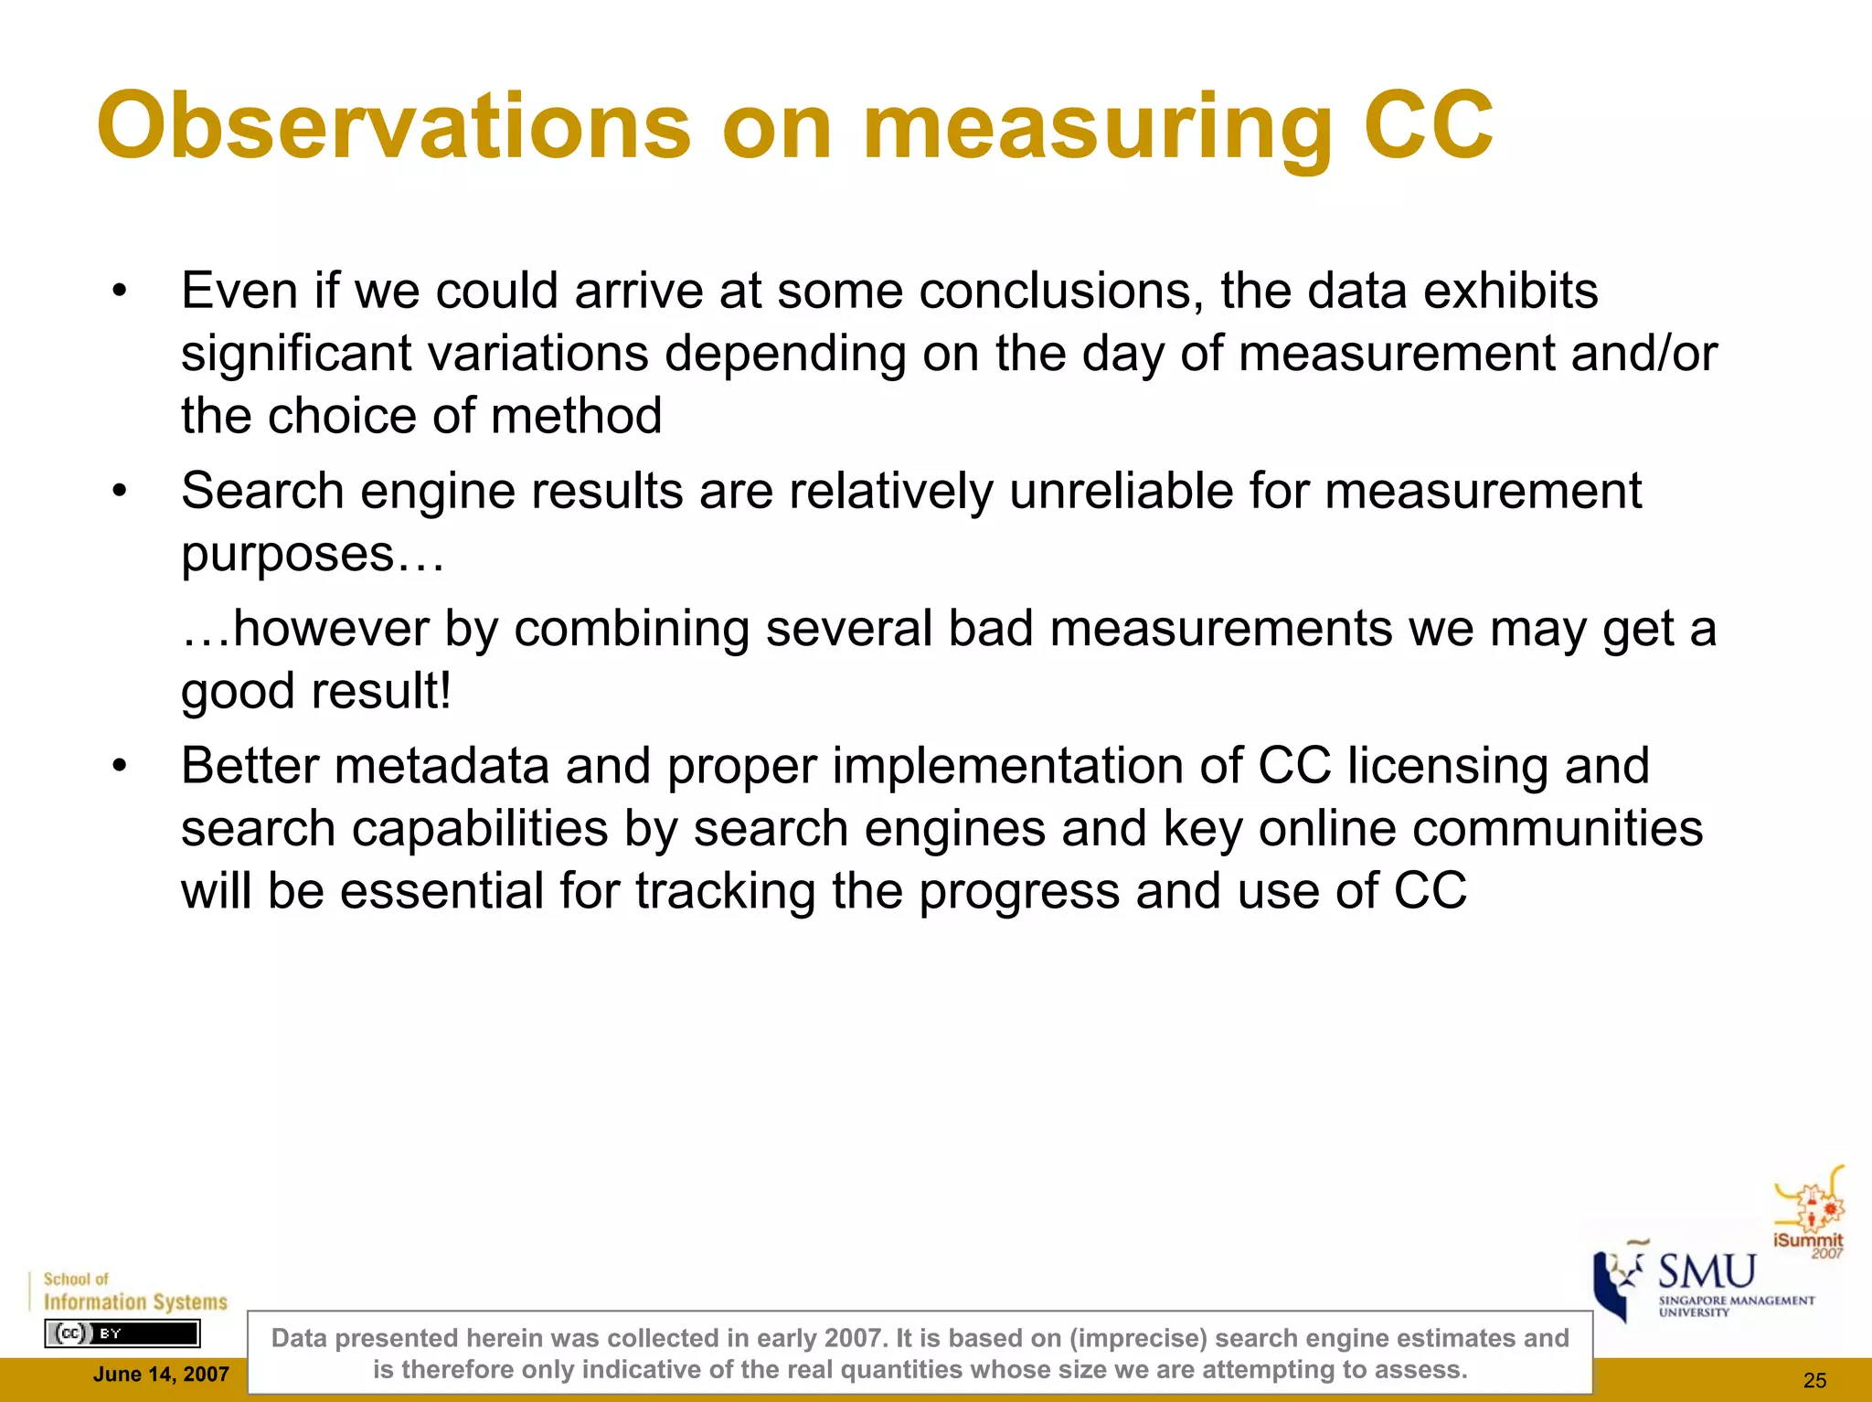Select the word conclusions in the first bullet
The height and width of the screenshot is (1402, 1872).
(1061, 291)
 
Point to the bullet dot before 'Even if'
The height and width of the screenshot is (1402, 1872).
(119, 292)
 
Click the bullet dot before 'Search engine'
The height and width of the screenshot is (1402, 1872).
(119, 492)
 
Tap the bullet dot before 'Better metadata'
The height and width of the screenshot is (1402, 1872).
(119, 766)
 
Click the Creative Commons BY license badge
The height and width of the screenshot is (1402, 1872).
(122, 1333)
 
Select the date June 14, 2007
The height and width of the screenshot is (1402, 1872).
(161, 1375)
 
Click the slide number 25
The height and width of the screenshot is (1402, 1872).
(1814, 1380)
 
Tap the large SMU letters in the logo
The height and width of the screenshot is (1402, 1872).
(1707, 1272)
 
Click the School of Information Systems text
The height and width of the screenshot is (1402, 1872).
(134, 1292)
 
